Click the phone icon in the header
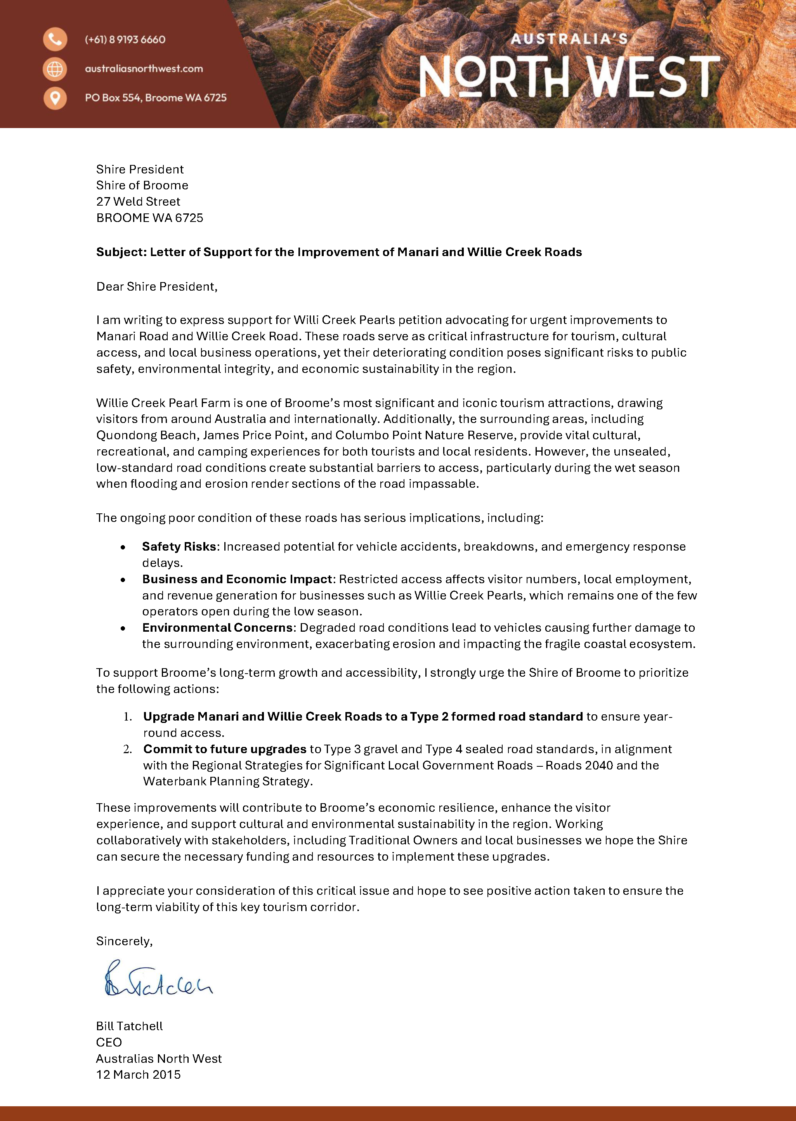pyautogui.click(x=55, y=39)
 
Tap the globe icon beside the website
pyautogui.click(x=55, y=69)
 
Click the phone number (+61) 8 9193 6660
pyautogui.click(x=125, y=40)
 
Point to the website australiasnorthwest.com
pyautogui.click(x=144, y=69)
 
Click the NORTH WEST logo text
pyautogui.click(x=569, y=76)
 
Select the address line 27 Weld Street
pyautogui.click(x=138, y=201)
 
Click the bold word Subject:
pyautogui.click(x=121, y=252)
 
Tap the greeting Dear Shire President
pyautogui.click(x=156, y=287)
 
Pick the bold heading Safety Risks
pyautogui.click(x=179, y=546)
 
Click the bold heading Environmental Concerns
pyautogui.click(x=217, y=627)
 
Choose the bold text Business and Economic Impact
pyautogui.click(x=237, y=579)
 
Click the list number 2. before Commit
pyautogui.click(x=127, y=749)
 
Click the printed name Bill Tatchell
pyautogui.click(x=129, y=1026)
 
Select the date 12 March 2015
pyautogui.click(x=138, y=1074)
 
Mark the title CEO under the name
pyautogui.click(x=109, y=1042)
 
